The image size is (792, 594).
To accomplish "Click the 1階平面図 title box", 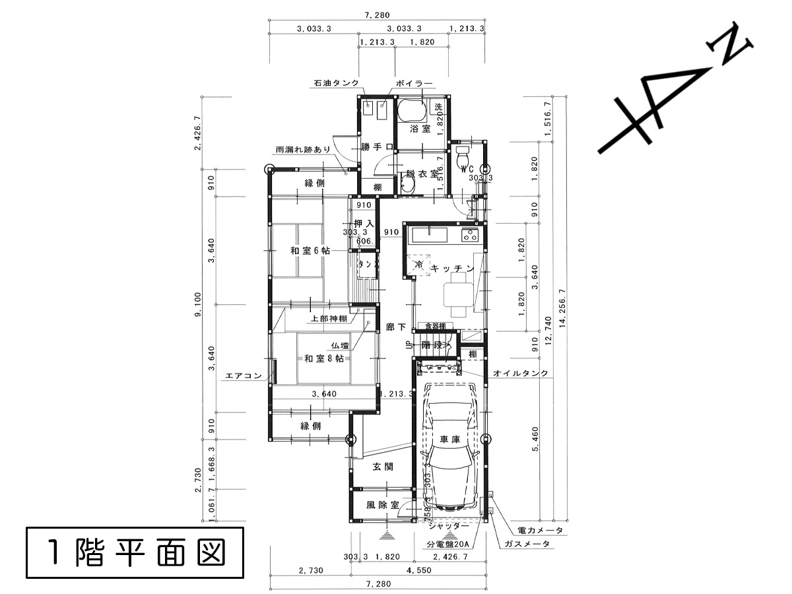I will coord(135,553).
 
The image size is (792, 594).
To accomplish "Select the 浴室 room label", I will coord(419,128).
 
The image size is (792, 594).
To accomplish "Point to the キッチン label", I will coord(453,269).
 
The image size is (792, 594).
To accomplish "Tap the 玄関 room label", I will coord(383,467).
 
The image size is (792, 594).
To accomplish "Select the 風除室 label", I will coord(383,506).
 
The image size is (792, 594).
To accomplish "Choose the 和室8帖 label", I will coord(323,358).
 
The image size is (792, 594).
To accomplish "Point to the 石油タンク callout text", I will coord(336,84).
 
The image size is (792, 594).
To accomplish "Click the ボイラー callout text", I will coord(414,84).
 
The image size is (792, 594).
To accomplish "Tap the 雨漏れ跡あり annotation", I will coord(303,150).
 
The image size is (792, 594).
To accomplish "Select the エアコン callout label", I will coord(244,376).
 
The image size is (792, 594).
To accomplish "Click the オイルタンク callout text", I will coord(521,374).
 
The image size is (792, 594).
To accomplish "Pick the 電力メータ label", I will coord(540,531).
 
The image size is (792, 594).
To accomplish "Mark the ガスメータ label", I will coord(527,544).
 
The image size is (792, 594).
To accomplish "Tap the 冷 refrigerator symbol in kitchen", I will coord(418,264).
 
